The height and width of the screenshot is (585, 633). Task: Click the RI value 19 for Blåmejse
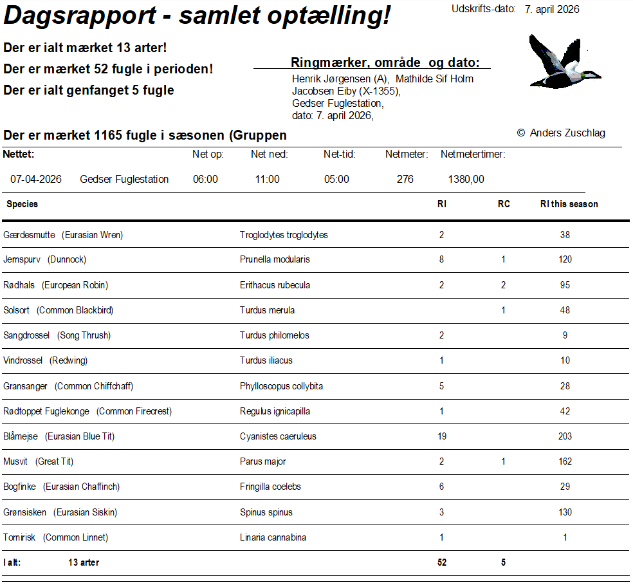[x=442, y=436]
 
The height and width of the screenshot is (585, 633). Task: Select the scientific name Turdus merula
[x=267, y=310]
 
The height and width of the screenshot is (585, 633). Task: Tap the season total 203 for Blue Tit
[x=565, y=436]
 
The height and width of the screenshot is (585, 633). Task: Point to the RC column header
[x=504, y=204]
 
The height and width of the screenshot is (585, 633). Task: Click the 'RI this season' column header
[x=569, y=204]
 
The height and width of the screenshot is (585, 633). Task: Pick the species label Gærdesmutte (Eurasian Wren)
[x=63, y=235]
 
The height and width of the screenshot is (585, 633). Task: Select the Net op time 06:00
[x=205, y=179]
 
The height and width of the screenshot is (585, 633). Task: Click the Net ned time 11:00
[x=267, y=179]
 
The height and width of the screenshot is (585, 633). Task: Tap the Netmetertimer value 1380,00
[x=466, y=179]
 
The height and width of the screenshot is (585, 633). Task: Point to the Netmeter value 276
[x=405, y=179]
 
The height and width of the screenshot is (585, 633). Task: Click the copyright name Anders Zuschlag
[x=567, y=133]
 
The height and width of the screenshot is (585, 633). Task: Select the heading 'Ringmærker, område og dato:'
[x=385, y=62]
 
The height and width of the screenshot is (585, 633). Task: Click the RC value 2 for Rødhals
[x=503, y=285]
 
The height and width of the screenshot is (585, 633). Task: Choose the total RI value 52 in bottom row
[x=442, y=562]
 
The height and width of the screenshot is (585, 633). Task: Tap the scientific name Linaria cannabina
[x=273, y=537]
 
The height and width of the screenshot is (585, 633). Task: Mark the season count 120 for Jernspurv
[x=565, y=259]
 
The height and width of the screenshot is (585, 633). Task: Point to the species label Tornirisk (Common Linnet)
[x=56, y=537]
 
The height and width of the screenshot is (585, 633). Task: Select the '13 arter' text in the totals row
[x=84, y=562]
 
